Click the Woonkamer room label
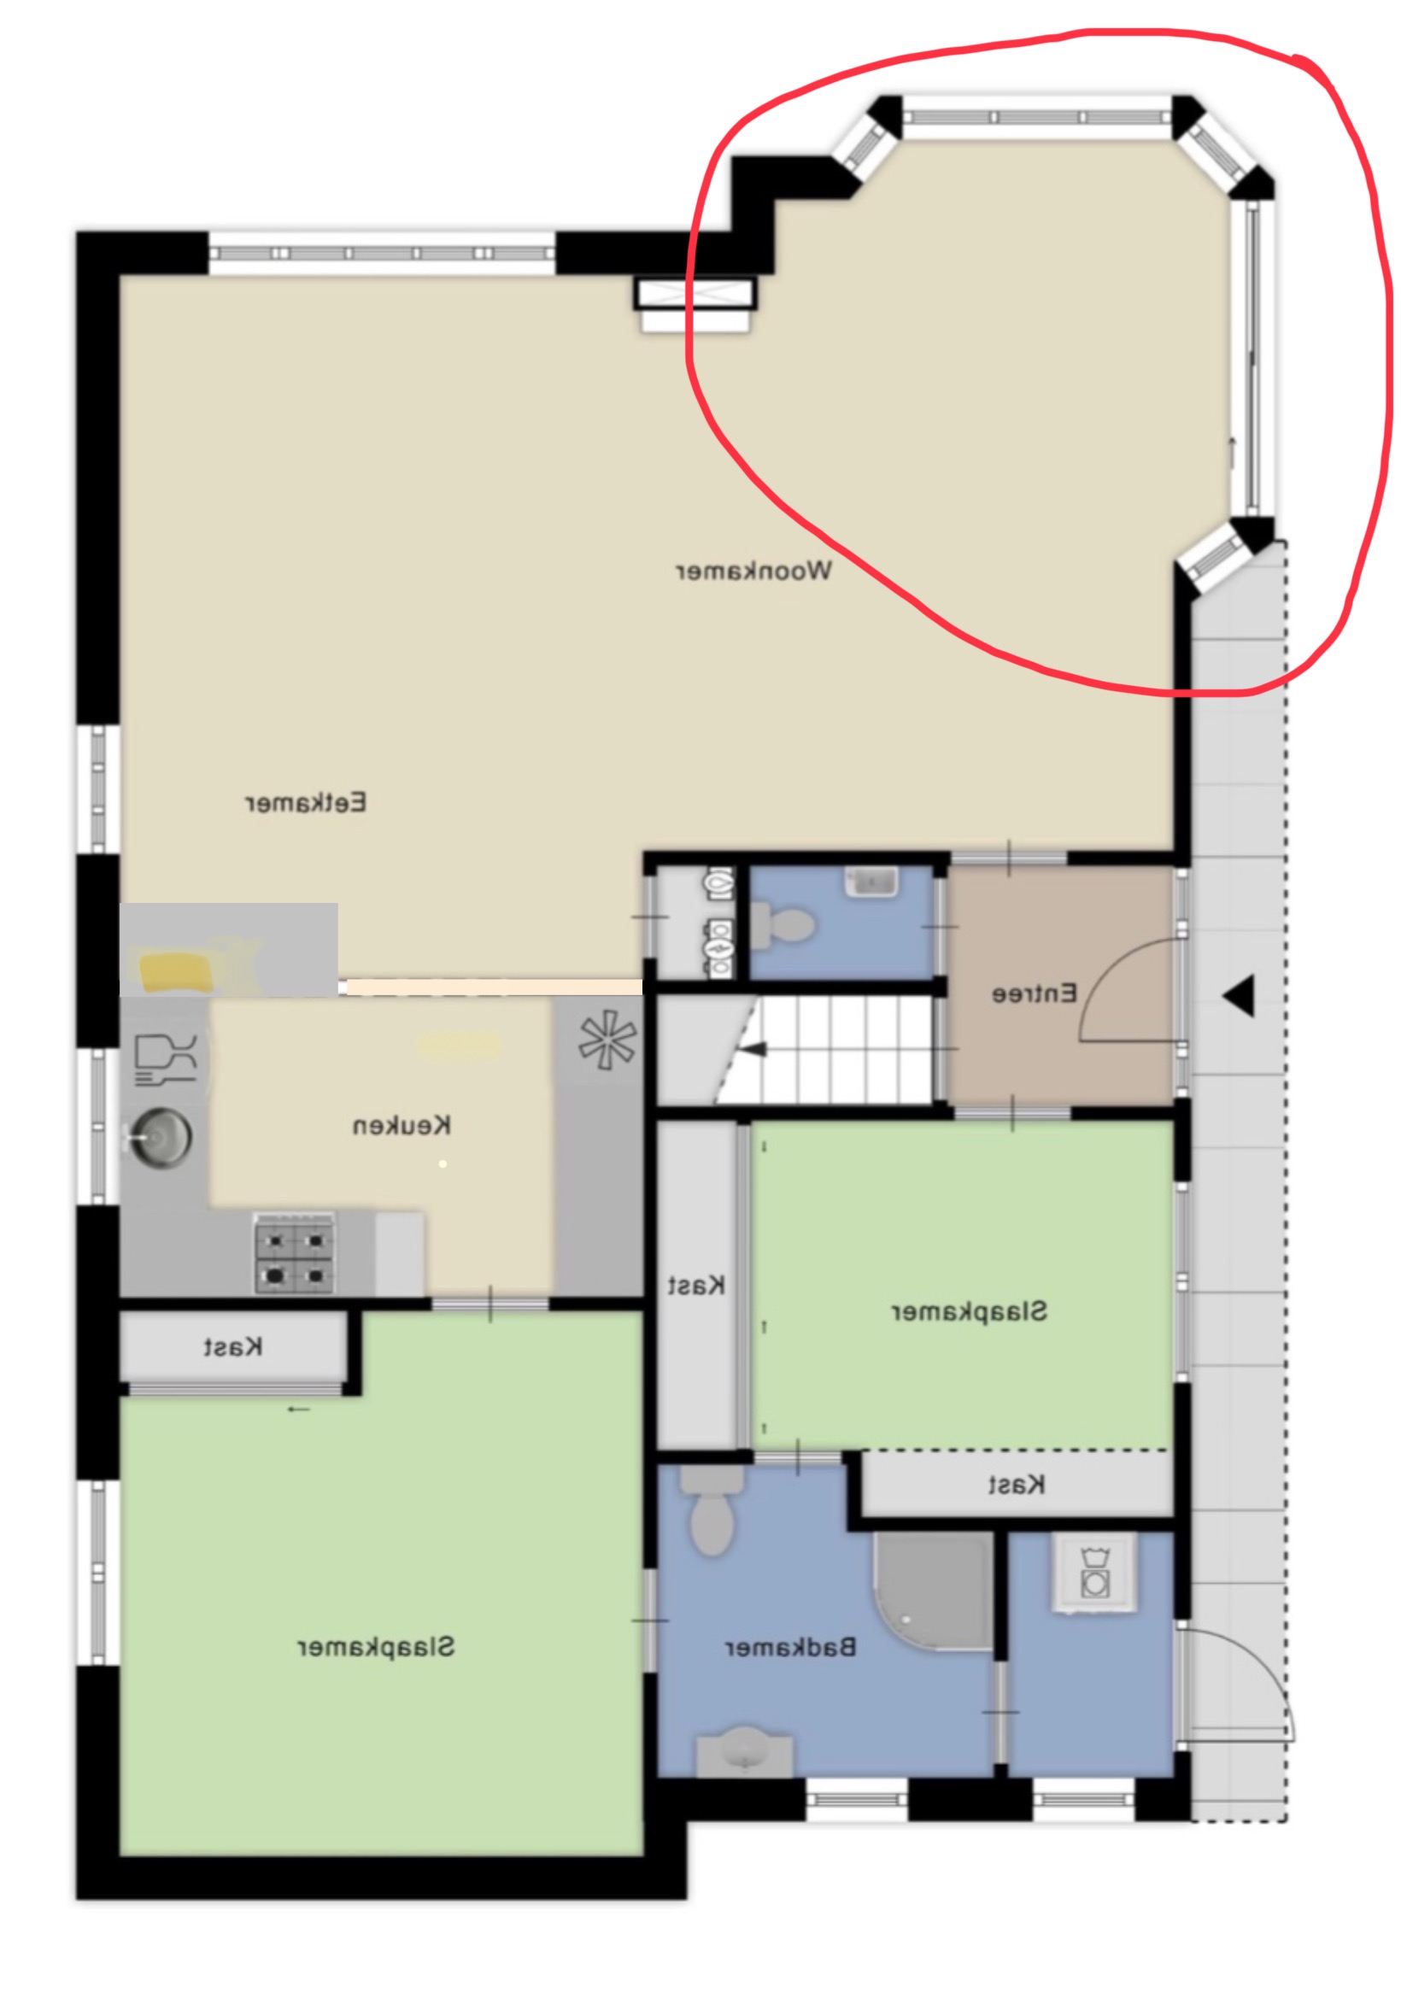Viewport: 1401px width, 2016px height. point(753,571)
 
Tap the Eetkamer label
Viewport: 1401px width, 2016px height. point(306,803)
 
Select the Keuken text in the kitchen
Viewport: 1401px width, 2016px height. point(402,1125)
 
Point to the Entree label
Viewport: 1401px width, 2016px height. point(1034,993)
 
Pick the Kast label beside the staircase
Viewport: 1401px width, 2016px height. point(696,1286)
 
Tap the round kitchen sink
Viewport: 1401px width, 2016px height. point(159,1138)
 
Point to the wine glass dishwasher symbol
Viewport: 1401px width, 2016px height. point(165,1059)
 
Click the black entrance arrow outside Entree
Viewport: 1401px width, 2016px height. point(1239,996)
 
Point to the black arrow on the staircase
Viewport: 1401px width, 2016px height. point(753,1049)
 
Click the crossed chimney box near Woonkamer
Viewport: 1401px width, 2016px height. point(696,294)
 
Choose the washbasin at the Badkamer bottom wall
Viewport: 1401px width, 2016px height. point(745,1755)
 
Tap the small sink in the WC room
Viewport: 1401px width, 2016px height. point(870,882)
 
